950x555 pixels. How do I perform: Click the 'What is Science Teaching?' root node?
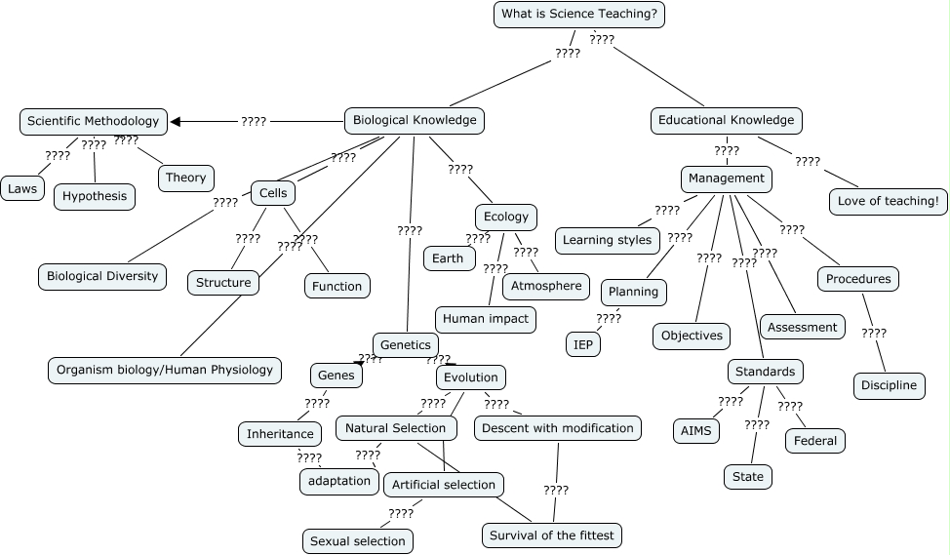580,14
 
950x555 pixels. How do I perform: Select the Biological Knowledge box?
415,120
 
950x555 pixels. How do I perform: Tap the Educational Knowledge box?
727,120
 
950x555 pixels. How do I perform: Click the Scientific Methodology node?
93,121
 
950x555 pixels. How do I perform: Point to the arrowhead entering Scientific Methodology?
177,121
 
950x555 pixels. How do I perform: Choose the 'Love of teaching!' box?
889,201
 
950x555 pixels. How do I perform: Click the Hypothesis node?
95,196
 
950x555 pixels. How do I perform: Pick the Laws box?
21,188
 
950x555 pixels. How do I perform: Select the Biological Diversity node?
102,276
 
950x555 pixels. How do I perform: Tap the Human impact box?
486,318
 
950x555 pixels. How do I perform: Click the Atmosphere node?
546,286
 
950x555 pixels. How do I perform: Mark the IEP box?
583,344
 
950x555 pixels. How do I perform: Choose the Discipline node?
889,385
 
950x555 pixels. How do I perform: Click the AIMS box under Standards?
696,430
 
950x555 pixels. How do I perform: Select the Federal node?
815,440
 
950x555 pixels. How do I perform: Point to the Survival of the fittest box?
552,535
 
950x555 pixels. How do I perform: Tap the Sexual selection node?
357,540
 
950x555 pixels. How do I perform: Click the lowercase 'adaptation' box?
339,480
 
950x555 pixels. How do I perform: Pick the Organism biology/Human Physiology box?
166,370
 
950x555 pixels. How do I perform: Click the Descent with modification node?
558,427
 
